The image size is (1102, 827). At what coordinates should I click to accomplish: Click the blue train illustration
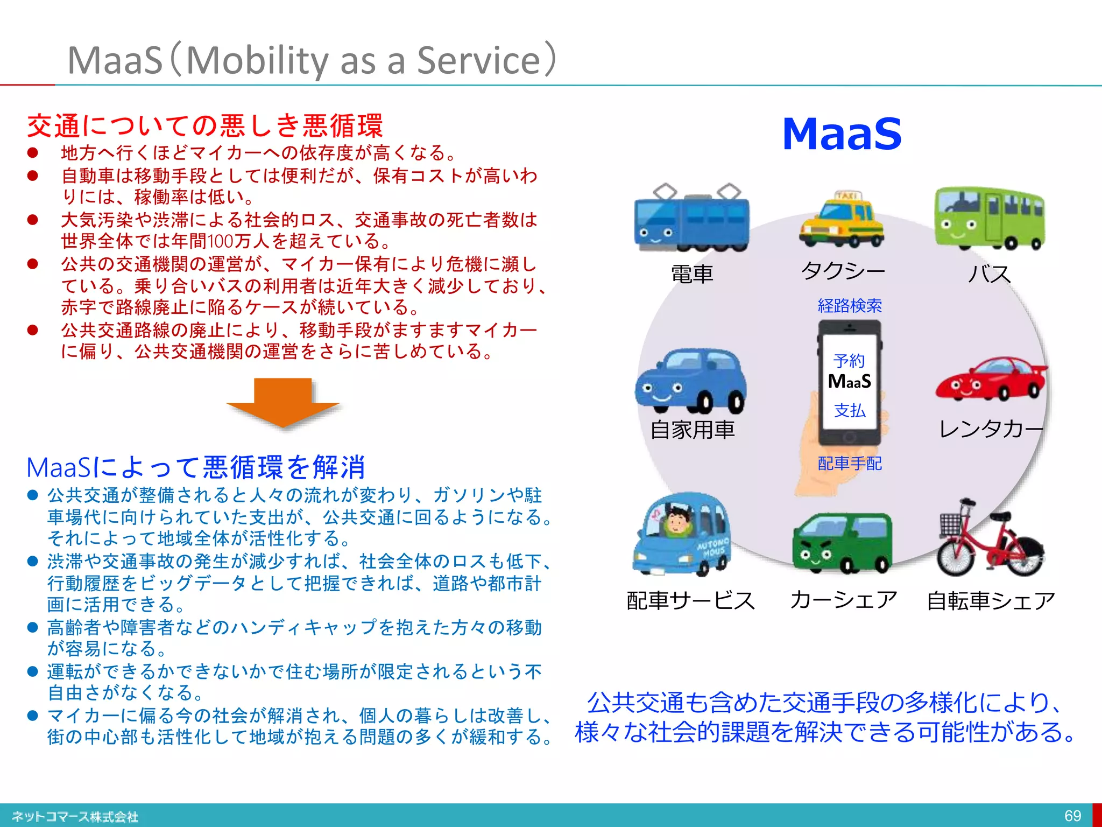tap(691, 221)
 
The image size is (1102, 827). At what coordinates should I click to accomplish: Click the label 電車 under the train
tap(692, 274)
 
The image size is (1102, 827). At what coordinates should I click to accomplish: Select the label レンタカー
tap(991, 429)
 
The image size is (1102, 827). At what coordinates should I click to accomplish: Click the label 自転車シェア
tap(991, 601)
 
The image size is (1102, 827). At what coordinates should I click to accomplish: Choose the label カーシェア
tap(843, 599)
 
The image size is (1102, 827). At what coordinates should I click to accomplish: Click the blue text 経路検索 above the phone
tap(850, 306)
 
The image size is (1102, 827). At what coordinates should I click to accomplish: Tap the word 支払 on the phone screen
tap(850, 411)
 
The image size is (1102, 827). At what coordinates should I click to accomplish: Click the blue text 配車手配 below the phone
tap(850, 463)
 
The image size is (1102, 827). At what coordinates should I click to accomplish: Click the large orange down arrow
tap(283, 402)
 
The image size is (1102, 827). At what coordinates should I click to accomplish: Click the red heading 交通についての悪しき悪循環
tap(205, 125)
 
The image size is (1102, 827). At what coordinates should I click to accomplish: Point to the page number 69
tap(1072, 815)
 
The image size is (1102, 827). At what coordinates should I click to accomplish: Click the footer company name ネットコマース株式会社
tap(75, 817)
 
